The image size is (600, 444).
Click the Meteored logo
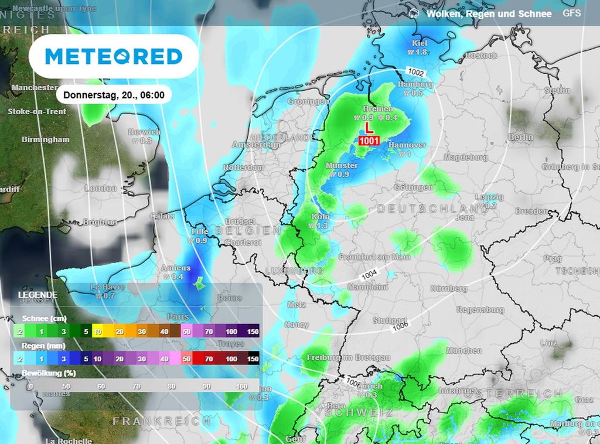coord(114,57)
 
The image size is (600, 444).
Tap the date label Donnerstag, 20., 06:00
coord(114,94)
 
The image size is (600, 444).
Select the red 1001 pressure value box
coord(369,141)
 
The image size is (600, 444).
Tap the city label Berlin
coord(520,137)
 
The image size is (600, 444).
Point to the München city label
coord(464,350)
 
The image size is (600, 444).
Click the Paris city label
coord(178,316)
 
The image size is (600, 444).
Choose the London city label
coord(101,188)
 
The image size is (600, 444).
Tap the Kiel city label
coord(420,43)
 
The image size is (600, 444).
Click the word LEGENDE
coord(37,295)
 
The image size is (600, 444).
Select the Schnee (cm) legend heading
coord(44,318)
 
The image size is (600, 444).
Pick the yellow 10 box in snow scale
coord(97,332)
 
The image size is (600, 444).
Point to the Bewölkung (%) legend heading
coord(49,373)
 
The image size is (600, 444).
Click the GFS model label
coord(571,13)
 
